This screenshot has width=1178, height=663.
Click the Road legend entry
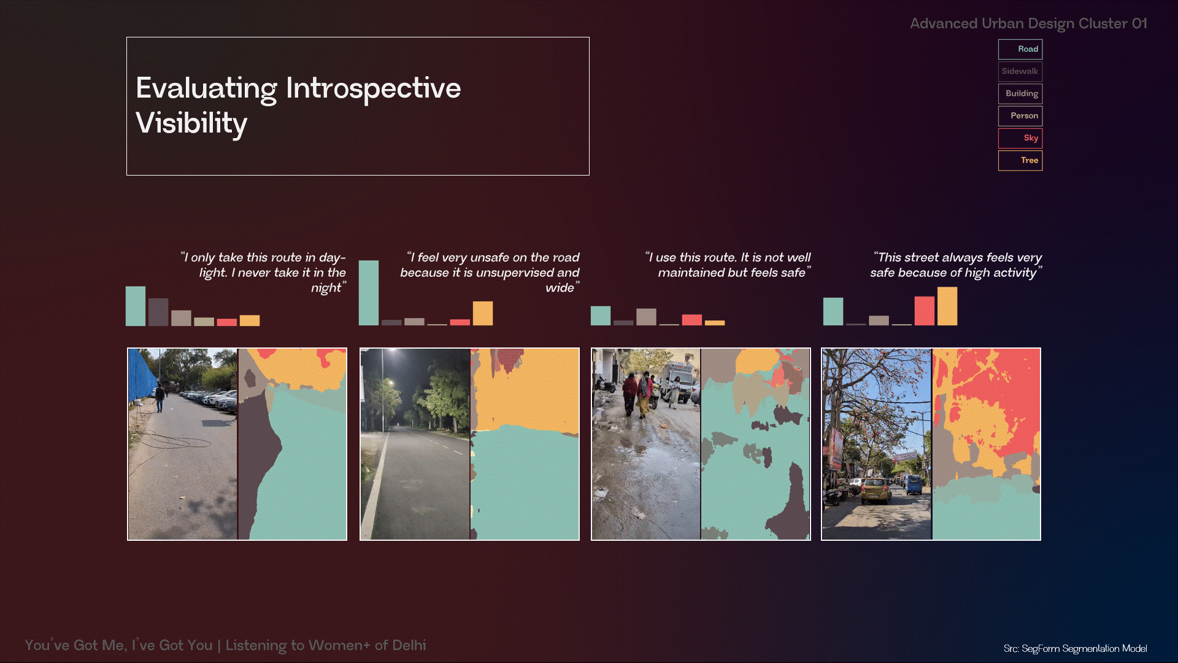click(x=1020, y=49)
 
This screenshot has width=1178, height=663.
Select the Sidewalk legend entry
click(x=1020, y=71)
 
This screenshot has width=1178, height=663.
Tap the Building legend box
click(x=1020, y=93)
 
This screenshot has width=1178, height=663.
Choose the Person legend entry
click(x=1020, y=116)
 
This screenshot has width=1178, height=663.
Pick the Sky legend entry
click(x=1020, y=138)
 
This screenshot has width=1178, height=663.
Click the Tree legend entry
click(x=1020, y=160)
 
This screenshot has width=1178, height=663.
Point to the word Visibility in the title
click(x=191, y=124)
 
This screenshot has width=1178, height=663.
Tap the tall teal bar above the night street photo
click(x=369, y=293)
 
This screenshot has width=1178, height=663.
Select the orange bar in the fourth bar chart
click(x=947, y=306)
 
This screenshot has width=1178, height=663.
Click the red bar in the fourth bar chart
click(x=925, y=311)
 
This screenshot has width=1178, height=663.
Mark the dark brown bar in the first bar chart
click(x=158, y=312)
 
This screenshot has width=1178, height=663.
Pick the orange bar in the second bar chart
click(x=483, y=313)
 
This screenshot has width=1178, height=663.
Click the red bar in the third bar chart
click(x=692, y=320)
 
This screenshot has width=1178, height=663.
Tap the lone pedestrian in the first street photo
click(x=160, y=397)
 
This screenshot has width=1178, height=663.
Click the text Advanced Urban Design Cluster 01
click(x=1028, y=23)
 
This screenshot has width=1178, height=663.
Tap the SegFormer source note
click(x=1076, y=648)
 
